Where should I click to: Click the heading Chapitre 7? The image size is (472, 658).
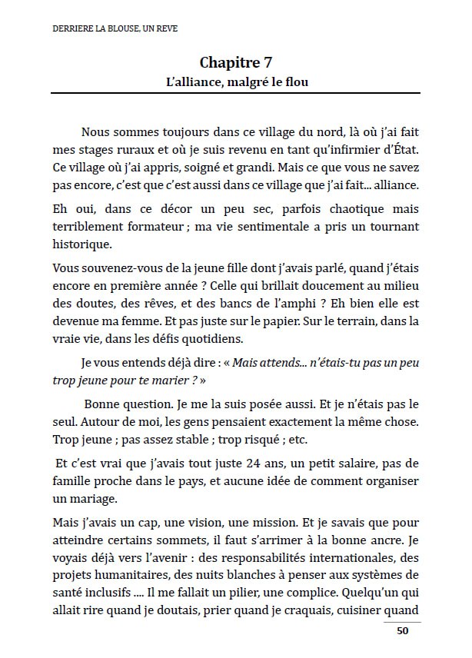[235, 62]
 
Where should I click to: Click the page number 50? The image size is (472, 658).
[402, 631]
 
